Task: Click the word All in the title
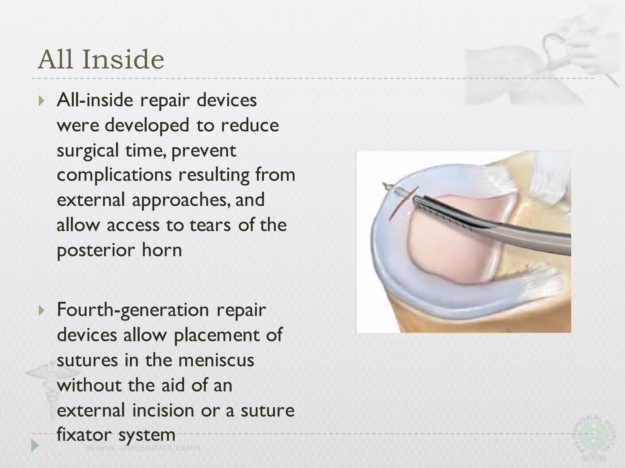[x=56, y=59]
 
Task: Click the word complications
[x=114, y=175]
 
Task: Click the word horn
[x=162, y=250]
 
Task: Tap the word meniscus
[x=216, y=360]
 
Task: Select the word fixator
[x=84, y=435]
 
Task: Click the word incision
[x=163, y=410]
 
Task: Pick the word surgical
[x=88, y=151]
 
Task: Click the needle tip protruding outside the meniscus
[x=385, y=185]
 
